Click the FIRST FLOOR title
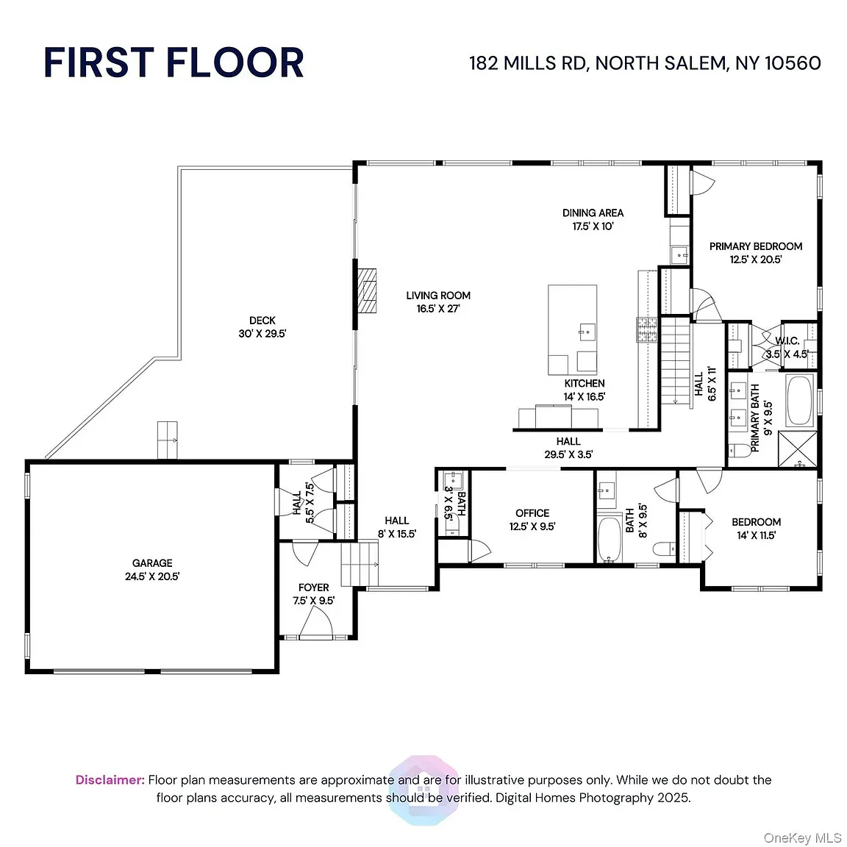[x=174, y=62]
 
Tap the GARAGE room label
[x=152, y=563]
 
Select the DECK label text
[x=262, y=321]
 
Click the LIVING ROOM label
[x=438, y=296]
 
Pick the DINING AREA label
[x=593, y=212]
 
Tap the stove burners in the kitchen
[x=647, y=329]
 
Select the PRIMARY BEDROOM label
[x=756, y=246]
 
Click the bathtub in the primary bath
[x=800, y=400]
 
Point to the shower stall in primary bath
[x=797, y=449]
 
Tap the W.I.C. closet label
[x=787, y=341]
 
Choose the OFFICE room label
[x=532, y=513]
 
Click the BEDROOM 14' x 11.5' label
[x=757, y=529]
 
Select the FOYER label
[x=314, y=587]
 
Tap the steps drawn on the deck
[x=168, y=440]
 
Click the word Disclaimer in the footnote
[x=110, y=780]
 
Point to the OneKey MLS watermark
[x=802, y=838]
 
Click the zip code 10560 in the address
[x=793, y=63]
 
